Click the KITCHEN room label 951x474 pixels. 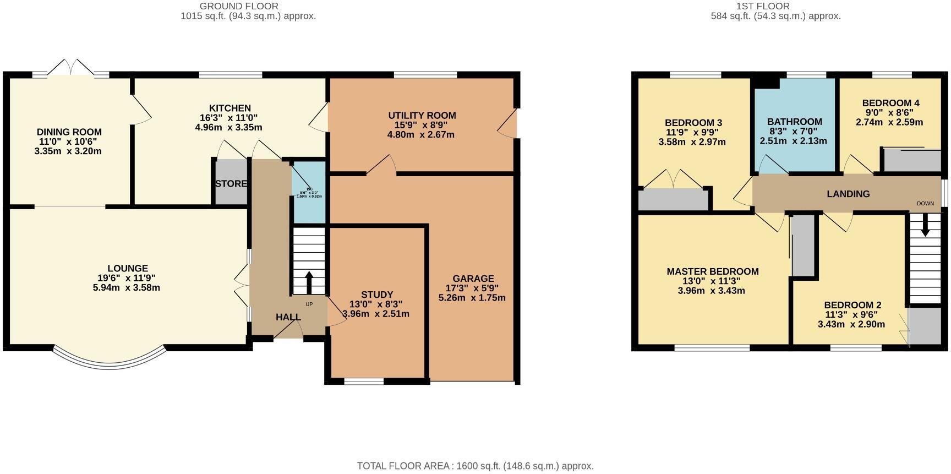(229, 108)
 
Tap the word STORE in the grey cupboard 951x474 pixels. (231, 184)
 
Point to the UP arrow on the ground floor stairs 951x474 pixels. (308, 283)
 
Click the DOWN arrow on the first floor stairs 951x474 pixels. (925, 225)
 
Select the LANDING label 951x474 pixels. (848, 194)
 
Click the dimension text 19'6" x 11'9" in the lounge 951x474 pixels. (128, 278)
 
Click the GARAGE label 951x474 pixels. (473, 279)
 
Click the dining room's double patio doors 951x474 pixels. (70, 67)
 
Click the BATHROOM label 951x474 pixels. (794, 122)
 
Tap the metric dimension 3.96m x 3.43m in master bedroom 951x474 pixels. (712, 291)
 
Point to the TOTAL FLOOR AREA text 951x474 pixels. (475, 466)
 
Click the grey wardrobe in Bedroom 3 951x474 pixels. (673, 200)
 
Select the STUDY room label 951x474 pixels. (377, 295)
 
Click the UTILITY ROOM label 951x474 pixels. (422, 116)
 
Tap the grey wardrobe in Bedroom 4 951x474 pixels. (911, 161)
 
